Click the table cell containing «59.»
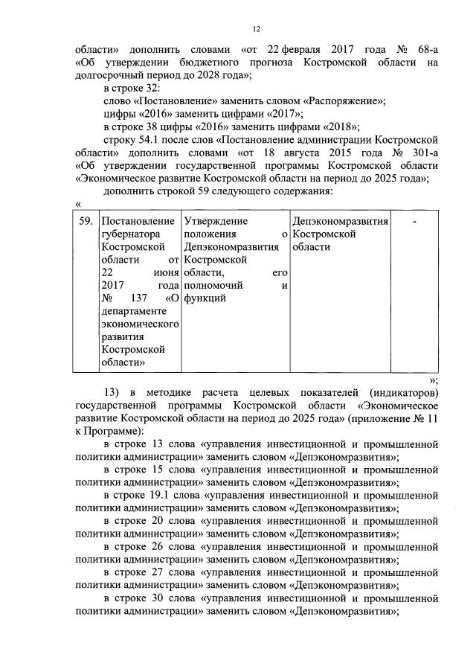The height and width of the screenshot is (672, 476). point(86,221)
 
